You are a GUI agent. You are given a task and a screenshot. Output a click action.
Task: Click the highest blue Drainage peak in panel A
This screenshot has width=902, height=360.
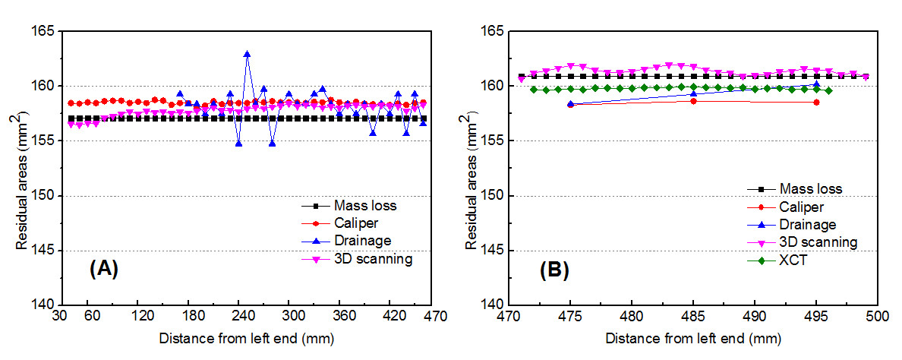point(248,54)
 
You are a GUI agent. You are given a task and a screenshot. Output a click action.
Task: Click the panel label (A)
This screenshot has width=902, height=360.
point(104,268)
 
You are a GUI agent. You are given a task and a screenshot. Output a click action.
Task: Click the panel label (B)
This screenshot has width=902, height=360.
point(553,268)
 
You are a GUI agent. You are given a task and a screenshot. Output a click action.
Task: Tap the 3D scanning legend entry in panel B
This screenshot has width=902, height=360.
point(818,242)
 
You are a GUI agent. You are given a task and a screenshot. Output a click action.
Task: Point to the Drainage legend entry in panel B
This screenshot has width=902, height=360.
point(807,225)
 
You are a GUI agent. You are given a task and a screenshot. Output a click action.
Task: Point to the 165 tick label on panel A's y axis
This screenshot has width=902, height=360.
point(47,31)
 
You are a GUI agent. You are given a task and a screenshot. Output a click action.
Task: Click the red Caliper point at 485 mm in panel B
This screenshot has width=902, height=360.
point(693,100)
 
